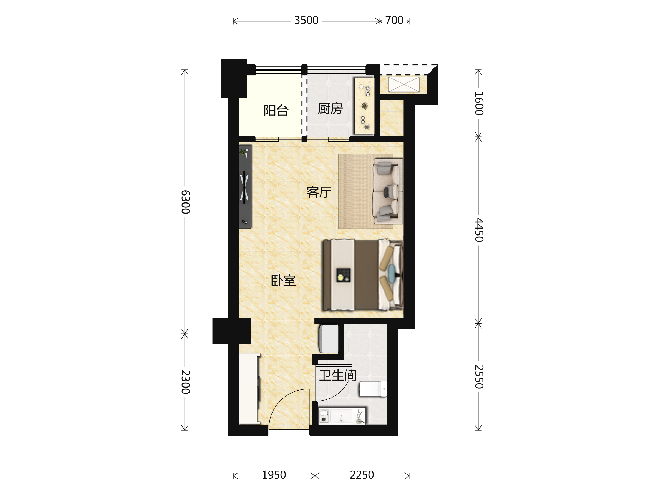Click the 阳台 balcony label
point(276,111)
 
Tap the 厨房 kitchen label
point(330,109)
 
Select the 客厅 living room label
point(319,192)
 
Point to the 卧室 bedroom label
point(283,280)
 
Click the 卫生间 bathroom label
point(338,376)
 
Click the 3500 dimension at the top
point(306,20)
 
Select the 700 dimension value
point(394,20)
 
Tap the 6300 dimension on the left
point(185,202)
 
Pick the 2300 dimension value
point(185,382)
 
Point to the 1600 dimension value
point(479,103)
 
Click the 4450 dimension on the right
point(479,230)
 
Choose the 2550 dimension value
point(479,377)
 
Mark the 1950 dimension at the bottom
point(274,475)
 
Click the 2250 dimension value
point(362,475)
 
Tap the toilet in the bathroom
point(373,389)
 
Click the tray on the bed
point(343,275)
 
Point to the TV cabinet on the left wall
point(245,187)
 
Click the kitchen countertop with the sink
point(364,106)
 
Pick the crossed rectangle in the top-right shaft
point(404,84)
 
